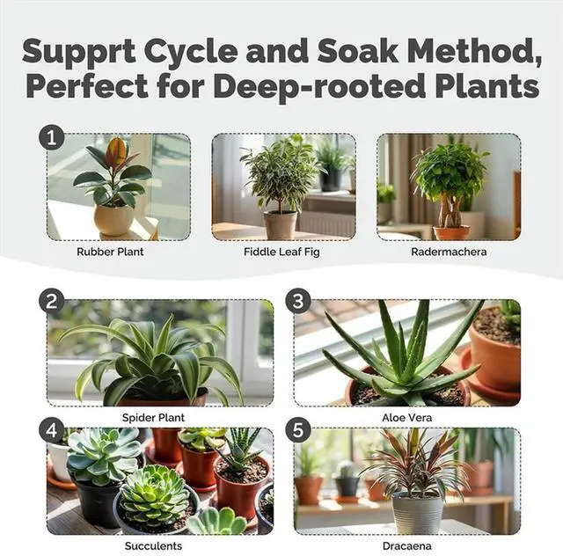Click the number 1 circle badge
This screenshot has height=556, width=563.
pos(51,138)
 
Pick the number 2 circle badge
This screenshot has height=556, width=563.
pos(51,302)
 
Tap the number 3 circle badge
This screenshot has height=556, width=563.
pos(298,302)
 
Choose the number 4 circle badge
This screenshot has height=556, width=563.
pos(51,430)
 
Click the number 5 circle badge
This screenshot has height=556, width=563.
pos(298,430)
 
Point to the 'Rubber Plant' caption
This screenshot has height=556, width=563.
pos(110,251)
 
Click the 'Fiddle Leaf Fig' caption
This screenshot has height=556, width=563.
pos(282,251)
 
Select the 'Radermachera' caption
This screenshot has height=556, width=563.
pos(448,251)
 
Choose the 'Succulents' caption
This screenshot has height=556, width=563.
pos(159,545)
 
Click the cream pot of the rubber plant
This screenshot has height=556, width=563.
pos(114,218)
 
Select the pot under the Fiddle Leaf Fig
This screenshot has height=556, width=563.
pos(280,224)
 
